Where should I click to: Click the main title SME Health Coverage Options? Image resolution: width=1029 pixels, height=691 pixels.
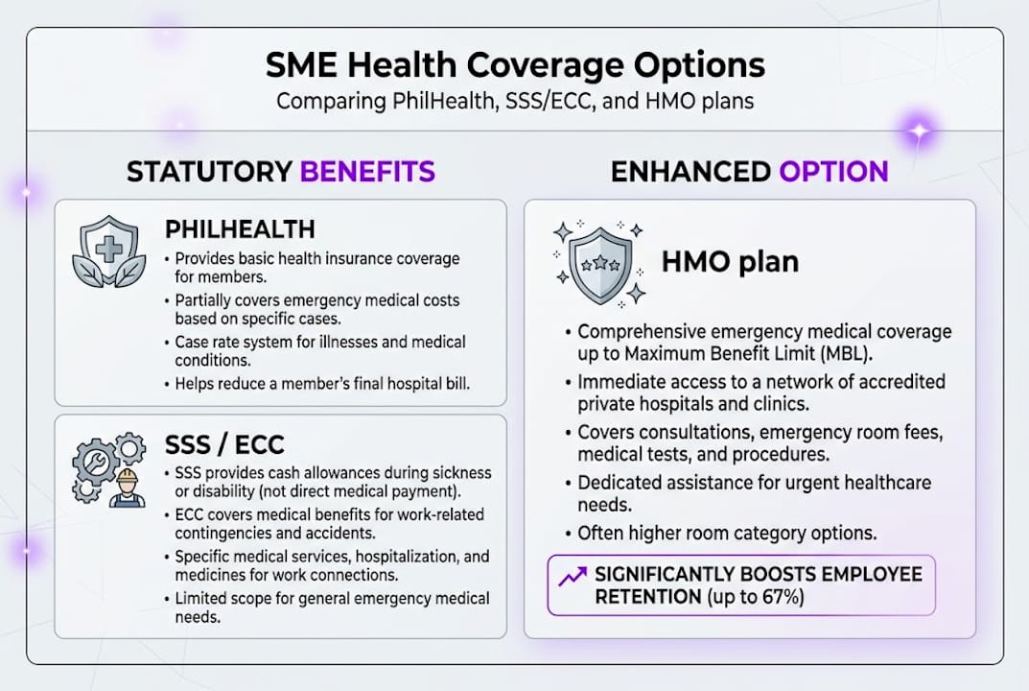(514, 65)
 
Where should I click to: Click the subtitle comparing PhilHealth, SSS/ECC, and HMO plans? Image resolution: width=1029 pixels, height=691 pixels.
(514, 101)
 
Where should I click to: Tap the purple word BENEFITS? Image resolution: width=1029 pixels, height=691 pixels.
(367, 172)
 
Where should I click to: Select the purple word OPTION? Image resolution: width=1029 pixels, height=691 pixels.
(833, 172)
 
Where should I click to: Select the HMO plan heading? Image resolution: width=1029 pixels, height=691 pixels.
(730, 262)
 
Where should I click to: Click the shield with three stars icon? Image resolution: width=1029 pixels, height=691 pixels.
(599, 264)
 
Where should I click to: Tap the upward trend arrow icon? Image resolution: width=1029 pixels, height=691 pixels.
(573, 576)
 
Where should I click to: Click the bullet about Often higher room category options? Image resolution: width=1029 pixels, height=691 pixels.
(727, 533)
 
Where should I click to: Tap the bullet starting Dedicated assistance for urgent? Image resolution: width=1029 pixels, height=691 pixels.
(754, 491)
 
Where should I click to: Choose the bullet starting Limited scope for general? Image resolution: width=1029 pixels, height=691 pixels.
(331, 607)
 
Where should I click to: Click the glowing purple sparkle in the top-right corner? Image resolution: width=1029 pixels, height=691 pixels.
(919, 131)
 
